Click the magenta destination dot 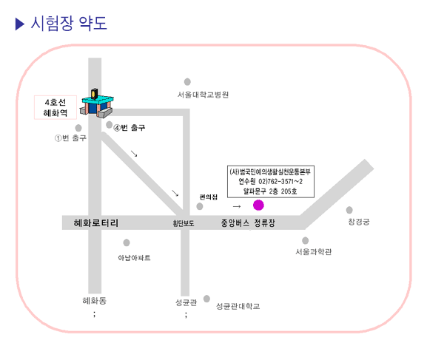coord(258,206)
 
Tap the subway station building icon coord(97,103)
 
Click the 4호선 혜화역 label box coord(56,107)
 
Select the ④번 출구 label coord(130,128)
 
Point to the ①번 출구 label coord(70,138)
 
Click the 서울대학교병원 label coord(204,95)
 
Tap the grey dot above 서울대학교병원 coord(187,81)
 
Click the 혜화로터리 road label coord(96,223)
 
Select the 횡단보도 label coord(184,223)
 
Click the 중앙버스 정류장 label coord(248,223)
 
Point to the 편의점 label coord(209,197)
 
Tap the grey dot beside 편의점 coord(200,206)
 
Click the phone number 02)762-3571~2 coord(280,182)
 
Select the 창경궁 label coord(359,222)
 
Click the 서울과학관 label coord(314,251)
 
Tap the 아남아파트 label coord(134,258)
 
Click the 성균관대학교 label coord(238,306)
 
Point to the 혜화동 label coord(95,301)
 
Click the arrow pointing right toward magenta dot coord(237,206)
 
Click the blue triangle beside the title coord(20,24)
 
